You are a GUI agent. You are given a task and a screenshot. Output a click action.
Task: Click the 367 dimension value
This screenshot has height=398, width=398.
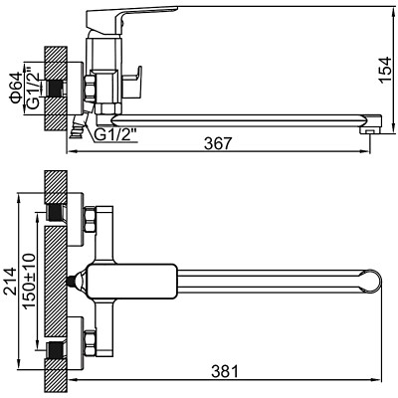coord(216,143)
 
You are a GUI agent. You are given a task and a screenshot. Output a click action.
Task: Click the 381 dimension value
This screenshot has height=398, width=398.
coord(227,373)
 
